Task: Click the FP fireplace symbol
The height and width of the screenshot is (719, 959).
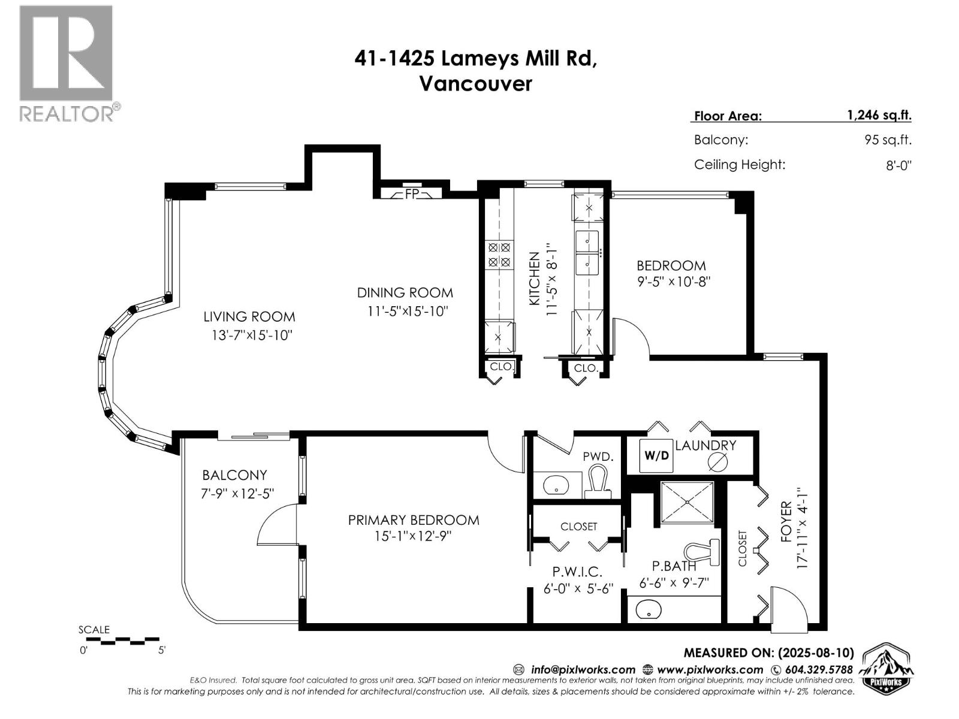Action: coord(411,194)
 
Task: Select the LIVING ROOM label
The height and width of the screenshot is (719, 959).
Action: coord(249,316)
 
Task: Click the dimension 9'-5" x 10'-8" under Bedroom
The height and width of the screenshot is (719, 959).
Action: coord(673,281)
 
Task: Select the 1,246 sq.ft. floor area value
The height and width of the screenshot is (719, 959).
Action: coord(879,115)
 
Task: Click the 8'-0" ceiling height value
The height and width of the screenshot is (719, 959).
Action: coord(898,165)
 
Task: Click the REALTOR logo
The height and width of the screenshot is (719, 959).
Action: coord(67,63)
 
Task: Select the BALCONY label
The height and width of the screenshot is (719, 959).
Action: coord(234,475)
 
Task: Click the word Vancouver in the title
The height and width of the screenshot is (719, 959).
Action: coord(475,83)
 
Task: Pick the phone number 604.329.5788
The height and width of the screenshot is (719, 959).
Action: coord(819,669)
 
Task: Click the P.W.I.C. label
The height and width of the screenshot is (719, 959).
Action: coord(577,572)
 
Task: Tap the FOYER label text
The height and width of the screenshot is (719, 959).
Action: coord(786,522)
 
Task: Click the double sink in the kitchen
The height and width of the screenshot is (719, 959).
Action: coord(587,253)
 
